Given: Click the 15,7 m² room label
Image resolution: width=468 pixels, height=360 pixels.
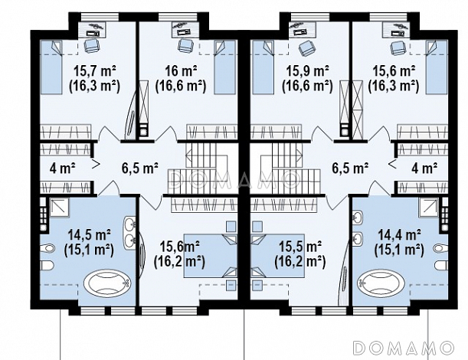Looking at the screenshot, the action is tap(95, 72).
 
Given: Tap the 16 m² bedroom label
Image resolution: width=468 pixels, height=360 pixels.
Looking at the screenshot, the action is tap(181, 72).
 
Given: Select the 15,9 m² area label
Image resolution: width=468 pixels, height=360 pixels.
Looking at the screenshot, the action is tap(307, 72).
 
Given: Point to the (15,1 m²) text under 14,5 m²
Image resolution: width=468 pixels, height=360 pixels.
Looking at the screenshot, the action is tap(89, 250).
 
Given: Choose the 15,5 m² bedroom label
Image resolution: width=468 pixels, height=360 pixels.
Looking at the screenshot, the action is tap(300, 247).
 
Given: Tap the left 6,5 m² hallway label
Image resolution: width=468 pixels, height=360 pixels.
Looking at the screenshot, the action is tap(139, 168).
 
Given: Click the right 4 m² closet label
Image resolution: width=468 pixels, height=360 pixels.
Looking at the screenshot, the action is tap(424, 168).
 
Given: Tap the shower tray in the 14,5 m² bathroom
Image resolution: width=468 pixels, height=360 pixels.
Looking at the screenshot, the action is tap(59, 207).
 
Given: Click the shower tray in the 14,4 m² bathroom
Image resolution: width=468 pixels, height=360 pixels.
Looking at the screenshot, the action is tap(429, 207).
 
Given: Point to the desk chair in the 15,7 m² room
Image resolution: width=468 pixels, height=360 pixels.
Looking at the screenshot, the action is tap(90, 46).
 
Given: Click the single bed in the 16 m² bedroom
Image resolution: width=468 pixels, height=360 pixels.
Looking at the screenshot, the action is tap(224, 67).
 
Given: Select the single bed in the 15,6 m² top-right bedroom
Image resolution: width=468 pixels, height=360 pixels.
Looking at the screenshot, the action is tap(437, 67).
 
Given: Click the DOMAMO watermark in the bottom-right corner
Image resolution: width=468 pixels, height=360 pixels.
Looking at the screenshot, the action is tap(404, 348).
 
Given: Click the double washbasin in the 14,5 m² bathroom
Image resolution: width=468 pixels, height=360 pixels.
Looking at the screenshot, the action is tap(130, 232).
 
